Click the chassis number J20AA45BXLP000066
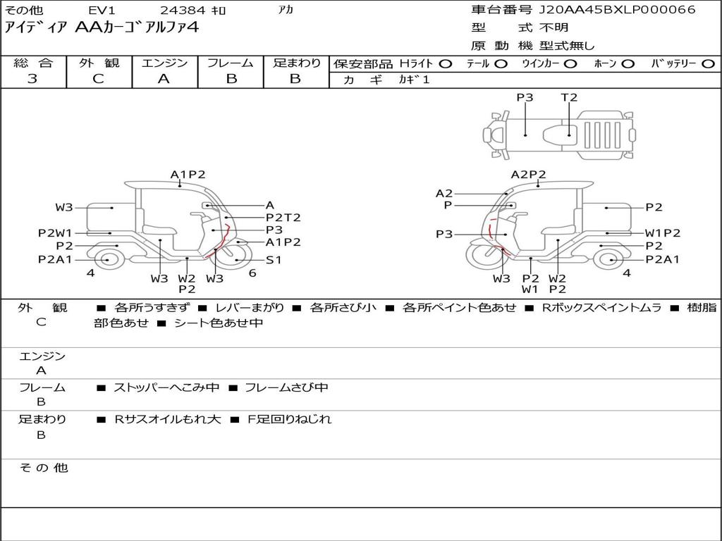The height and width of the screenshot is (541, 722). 618,10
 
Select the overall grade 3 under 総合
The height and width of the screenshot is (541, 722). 32,79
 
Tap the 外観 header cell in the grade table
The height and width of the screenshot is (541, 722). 99,63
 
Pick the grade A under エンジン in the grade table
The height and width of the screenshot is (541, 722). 164,79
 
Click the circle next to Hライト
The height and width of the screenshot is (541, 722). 446,64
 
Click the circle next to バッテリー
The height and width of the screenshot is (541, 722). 708,64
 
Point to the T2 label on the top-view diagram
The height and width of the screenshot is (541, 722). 569,97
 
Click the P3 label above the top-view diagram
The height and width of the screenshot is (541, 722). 525,97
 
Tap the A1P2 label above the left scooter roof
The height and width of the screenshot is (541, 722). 188,175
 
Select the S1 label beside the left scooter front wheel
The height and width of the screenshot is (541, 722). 274,260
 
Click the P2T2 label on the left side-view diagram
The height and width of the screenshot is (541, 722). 283,218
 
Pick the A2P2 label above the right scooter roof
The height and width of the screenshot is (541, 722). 529,175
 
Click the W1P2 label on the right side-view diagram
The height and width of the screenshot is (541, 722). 663,233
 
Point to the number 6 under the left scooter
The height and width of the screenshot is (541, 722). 252,273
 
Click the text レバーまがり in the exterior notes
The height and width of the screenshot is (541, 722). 250,308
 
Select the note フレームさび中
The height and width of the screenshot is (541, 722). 286,388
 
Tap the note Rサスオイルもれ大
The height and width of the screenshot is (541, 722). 168,420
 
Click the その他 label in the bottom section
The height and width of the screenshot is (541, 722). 44,468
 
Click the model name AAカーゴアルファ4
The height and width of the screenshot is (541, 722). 137,27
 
